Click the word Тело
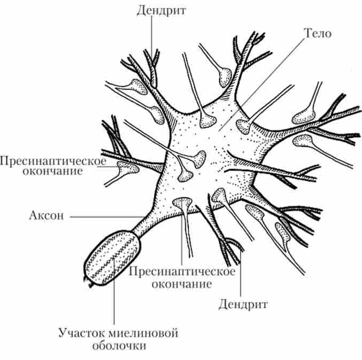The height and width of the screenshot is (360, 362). point(318,33)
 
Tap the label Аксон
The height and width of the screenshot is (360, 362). point(47,217)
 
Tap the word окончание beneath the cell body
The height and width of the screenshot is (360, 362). point(182,283)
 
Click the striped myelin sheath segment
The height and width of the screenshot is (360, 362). point(113,255)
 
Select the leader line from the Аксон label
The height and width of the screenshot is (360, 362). point(102,217)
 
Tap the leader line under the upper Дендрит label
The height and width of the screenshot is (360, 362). point(151,37)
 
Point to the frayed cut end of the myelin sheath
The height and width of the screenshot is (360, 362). point(89,281)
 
